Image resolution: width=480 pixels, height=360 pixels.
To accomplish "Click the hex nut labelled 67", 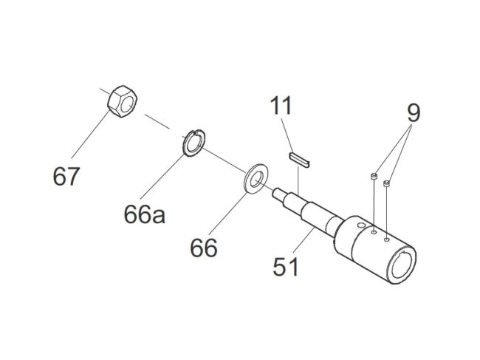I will point(120,101).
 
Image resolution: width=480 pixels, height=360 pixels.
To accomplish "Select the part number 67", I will point(66,177).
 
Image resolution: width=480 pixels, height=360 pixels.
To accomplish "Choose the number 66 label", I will point(203,248).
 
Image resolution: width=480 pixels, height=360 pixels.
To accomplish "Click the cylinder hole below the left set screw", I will point(375,233).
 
